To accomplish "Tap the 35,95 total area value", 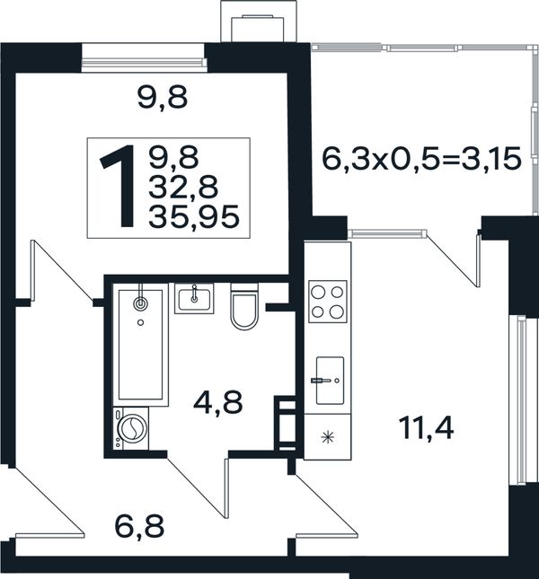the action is click(x=194, y=216).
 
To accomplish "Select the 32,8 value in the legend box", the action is click(x=183, y=188).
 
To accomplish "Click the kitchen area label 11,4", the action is click(x=427, y=429).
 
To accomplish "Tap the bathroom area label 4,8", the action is click(x=218, y=402).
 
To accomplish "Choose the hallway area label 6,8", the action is click(x=139, y=527).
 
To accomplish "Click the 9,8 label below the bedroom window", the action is click(x=163, y=98).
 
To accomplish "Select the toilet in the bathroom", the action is click(x=244, y=306).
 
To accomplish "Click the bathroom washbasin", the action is click(x=194, y=299).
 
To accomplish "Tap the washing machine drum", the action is click(x=132, y=429).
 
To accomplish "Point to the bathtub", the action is click(x=140, y=345).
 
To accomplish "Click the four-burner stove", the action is click(x=328, y=302).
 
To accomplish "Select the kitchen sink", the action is click(x=330, y=381).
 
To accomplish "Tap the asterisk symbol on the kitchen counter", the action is click(x=327, y=438).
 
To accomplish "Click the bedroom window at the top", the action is click(x=144, y=58).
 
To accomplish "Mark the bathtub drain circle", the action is click(x=140, y=323).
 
